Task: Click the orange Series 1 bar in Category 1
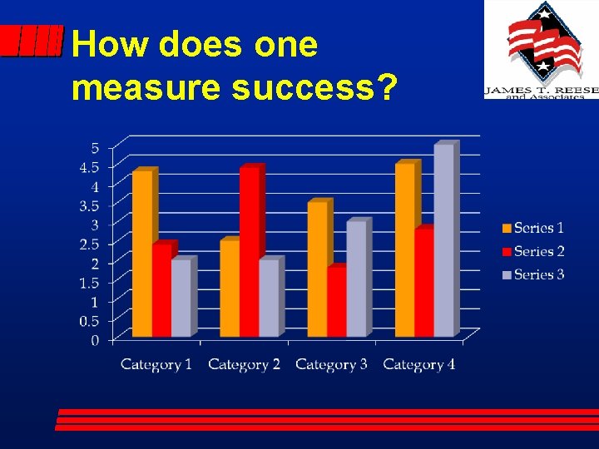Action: (x=142, y=254)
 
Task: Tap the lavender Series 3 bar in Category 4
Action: (x=444, y=240)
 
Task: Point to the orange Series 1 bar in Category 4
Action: (x=405, y=249)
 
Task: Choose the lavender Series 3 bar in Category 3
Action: (x=356, y=279)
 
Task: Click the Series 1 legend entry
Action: (x=532, y=228)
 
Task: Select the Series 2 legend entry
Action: (x=532, y=251)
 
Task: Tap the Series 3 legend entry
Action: (x=532, y=274)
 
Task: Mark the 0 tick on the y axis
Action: (x=95, y=339)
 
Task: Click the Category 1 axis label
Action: (x=156, y=364)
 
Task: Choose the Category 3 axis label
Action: (x=331, y=364)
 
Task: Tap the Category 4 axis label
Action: (x=419, y=364)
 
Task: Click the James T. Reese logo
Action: (x=541, y=50)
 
